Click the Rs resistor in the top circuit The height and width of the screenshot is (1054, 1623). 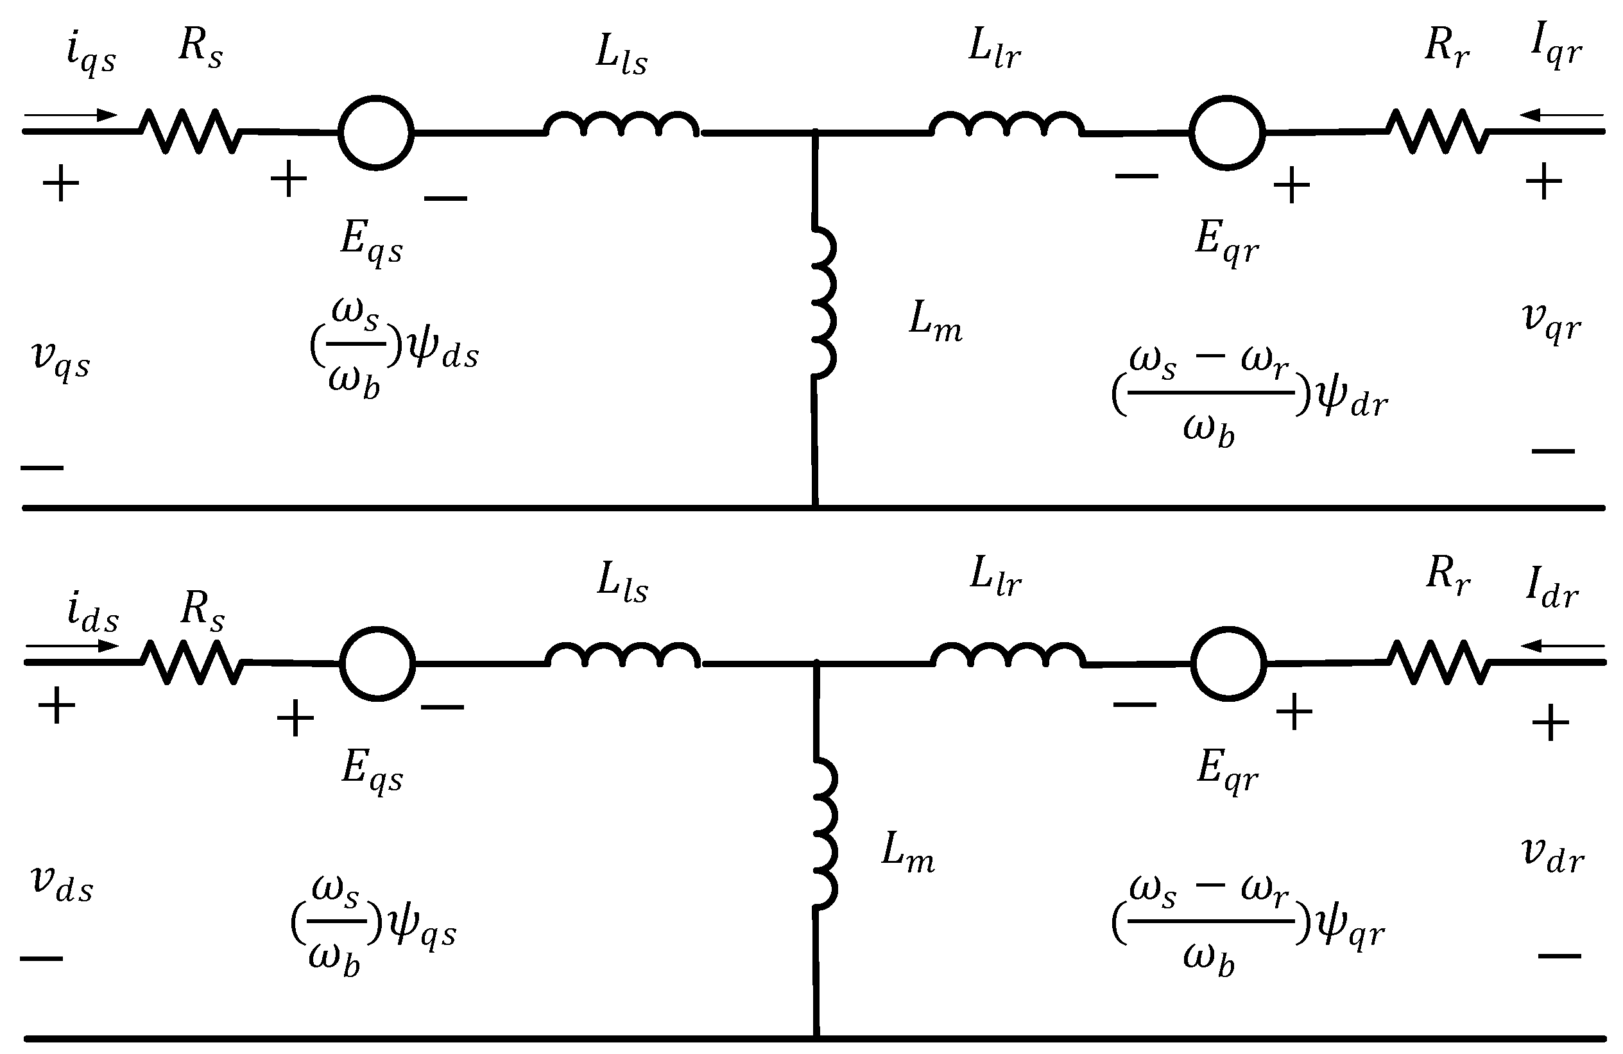coord(190,131)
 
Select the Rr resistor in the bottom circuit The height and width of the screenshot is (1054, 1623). coord(1438,661)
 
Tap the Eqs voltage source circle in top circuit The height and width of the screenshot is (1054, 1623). coord(375,132)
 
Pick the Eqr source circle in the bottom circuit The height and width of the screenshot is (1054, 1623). coord(1228,663)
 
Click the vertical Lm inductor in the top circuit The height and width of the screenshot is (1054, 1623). coord(824,301)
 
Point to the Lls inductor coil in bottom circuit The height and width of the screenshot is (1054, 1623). coord(622,655)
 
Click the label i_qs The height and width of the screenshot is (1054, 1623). coord(90,55)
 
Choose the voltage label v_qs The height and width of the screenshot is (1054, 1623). coord(60,359)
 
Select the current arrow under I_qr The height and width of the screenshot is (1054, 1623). coord(1561,115)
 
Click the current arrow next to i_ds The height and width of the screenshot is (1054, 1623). coord(73,645)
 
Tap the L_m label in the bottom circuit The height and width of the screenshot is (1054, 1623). coord(907,853)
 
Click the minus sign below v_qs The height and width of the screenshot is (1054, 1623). coord(42,468)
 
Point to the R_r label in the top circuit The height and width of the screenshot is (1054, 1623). coord(1447,47)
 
